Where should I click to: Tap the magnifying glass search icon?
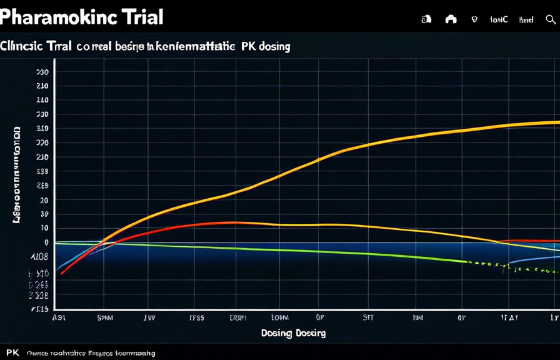point(551,19)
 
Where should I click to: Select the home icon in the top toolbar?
point(451,19)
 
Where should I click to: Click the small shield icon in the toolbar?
point(474,19)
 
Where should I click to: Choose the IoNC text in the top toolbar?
point(499,19)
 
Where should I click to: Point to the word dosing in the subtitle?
point(273,46)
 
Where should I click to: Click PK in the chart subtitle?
point(245,46)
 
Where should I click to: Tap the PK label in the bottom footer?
point(12,353)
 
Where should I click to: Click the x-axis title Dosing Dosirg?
point(293,333)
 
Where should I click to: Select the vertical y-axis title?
point(17,175)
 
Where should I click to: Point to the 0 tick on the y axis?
point(46,242)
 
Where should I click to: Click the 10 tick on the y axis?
point(44,228)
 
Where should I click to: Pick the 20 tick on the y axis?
point(44,200)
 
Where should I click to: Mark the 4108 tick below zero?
point(39,256)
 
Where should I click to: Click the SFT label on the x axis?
point(368,317)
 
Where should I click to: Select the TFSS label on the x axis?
point(196,317)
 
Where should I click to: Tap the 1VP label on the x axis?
point(149,317)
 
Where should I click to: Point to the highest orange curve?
point(375,143)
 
